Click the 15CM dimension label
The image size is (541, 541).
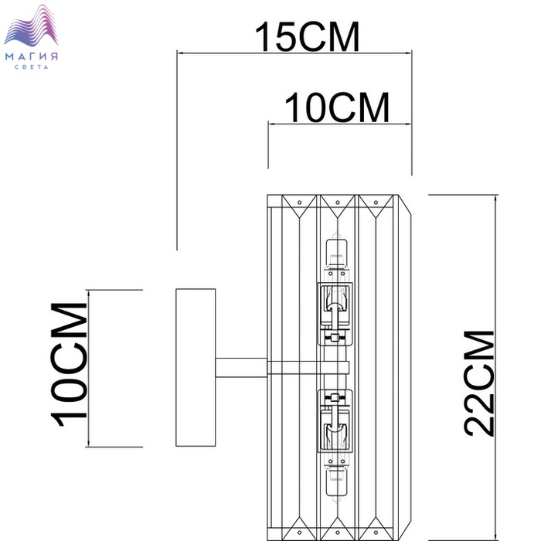point(307,36)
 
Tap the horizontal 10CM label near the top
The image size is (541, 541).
point(337,107)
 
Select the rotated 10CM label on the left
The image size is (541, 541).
point(69,365)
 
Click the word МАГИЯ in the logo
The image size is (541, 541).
point(32,56)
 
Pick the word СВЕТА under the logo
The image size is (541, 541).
point(32,67)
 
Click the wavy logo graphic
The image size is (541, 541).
point(31,26)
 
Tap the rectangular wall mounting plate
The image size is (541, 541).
point(196,367)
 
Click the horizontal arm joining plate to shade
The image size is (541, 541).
point(241,367)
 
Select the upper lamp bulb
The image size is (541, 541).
point(336,253)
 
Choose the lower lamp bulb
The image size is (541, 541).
point(336,482)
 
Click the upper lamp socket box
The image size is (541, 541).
point(335,314)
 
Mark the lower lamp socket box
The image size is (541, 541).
point(335,421)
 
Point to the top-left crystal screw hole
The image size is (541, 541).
point(300,202)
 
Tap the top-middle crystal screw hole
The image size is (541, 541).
point(338,202)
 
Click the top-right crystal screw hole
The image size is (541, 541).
point(376,202)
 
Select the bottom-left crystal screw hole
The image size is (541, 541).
point(300,532)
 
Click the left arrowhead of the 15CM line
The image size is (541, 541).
point(178,53)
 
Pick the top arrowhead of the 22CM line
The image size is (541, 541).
point(496,196)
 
